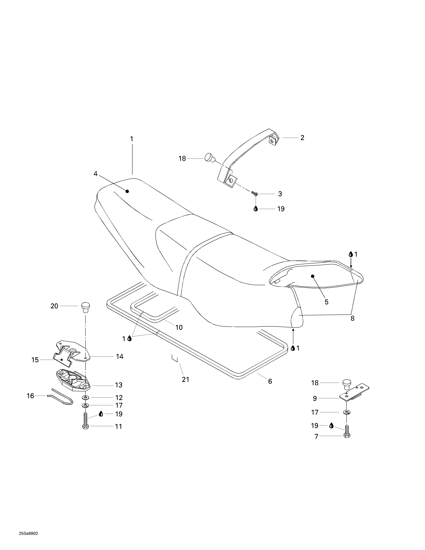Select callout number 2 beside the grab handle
pos(302,138)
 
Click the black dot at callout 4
pos(127,191)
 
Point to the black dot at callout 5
pos(313,276)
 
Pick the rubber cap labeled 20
pos(85,307)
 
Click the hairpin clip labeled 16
pos(62,399)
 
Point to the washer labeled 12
pos(86,398)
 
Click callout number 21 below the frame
pos(185,379)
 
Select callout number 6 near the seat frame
pos(270,382)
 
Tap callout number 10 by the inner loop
pos(179,327)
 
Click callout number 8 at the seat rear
pos(353,318)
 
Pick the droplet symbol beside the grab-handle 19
pos(256,209)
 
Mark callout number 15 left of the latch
pos(35,360)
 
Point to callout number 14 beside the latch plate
pos(120,357)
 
